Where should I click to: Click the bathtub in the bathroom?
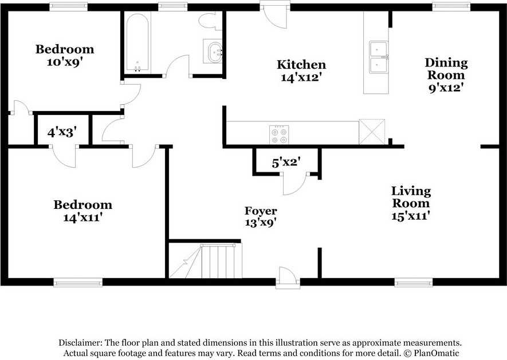(137, 43)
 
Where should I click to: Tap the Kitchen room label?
(301, 65)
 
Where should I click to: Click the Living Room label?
(411, 197)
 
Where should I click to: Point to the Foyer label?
(261, 211)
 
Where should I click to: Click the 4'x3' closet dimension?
(62, 133)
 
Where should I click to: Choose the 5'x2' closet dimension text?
(286, 163)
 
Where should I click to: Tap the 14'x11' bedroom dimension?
(82, 217)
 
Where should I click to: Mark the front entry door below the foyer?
(287, 278)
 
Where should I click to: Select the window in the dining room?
(451, 7)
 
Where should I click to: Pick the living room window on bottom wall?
(414, 282)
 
